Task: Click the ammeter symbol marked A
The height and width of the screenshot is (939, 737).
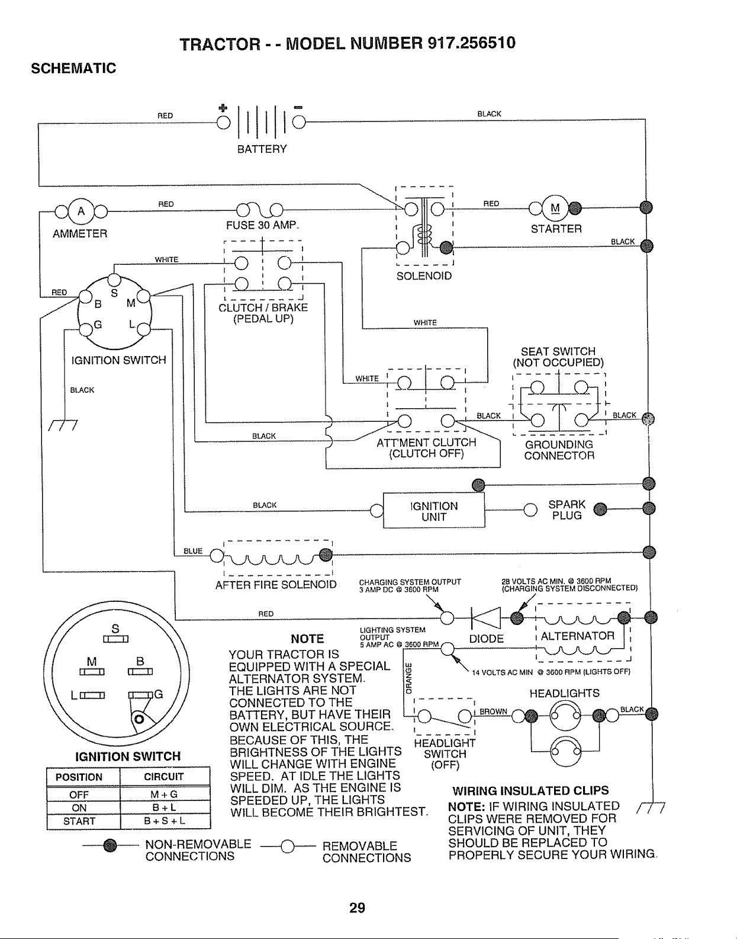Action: click(81, 211)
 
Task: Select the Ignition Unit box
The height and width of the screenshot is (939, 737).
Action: click(433, 510)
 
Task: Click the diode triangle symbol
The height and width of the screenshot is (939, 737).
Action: click(486, 617)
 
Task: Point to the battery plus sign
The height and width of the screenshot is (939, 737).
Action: click(223, 108)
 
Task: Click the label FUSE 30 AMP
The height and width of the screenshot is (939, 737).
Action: click(262, 225)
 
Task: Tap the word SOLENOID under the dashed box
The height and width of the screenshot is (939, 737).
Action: click(424, 275)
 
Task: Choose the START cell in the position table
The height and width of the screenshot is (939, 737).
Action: click(79, 821)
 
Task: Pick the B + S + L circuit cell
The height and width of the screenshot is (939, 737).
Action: click(165, 821)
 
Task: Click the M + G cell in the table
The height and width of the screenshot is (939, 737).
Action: click(165, 794)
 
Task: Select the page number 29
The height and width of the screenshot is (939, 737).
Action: click(357, 908)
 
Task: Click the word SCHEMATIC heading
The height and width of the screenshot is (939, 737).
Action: click(73, 68)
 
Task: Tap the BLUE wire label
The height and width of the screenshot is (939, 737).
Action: click(193, 551)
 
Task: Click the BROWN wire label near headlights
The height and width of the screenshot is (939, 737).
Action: click(493, 712)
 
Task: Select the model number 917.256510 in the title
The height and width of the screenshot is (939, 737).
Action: click(471, 43)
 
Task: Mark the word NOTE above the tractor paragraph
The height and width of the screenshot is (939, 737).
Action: click(307, 639)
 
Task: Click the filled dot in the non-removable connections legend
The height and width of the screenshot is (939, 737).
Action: click(111, 845)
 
